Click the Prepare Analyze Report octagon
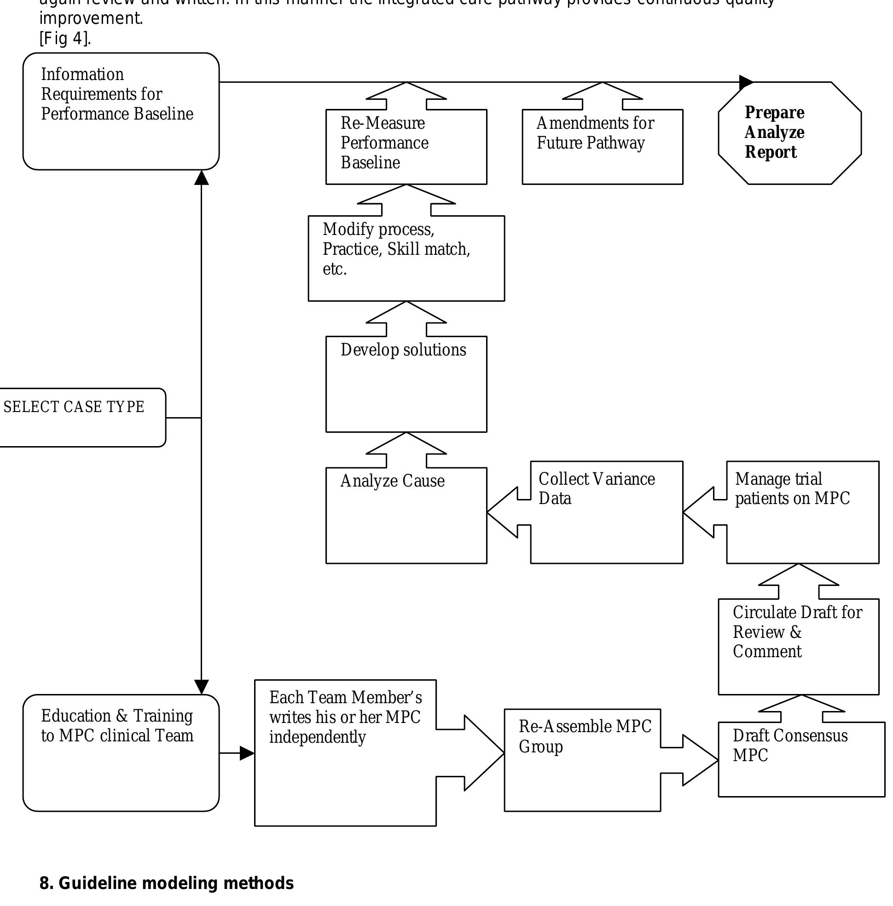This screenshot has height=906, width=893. [x=789, y=132]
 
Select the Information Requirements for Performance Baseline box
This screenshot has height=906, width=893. [x=121, y=111]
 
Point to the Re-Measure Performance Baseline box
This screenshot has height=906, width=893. [x=406, y=146]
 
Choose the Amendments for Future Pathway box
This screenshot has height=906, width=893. [x=602, y=146]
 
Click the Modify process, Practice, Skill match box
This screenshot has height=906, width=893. [x=406, y=258]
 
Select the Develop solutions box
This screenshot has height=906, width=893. [x=406, y=384]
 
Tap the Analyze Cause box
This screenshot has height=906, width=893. [x=406, y=515]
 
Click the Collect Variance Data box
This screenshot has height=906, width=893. [x=606, y=512]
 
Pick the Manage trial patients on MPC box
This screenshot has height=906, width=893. [x=802, y=512]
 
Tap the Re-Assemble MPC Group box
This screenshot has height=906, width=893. [x=581, y=759]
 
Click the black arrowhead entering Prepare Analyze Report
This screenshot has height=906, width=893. [x=746, y=82]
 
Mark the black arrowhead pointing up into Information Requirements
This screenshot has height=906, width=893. [x=201, y=178]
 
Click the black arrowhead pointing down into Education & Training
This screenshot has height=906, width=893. [x=201, y=687]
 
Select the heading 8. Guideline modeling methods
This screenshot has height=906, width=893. [x=167, y=883]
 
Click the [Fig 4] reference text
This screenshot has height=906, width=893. [x=65, y=39]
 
